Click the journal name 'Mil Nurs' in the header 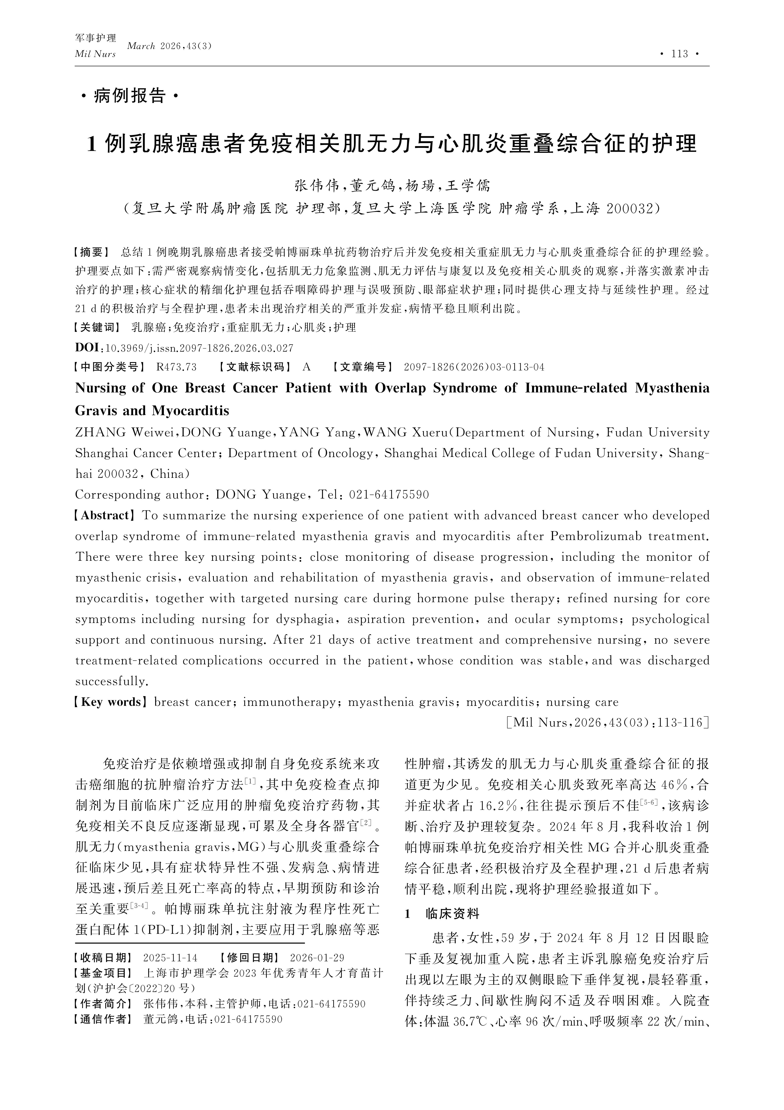tap(95, 54)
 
